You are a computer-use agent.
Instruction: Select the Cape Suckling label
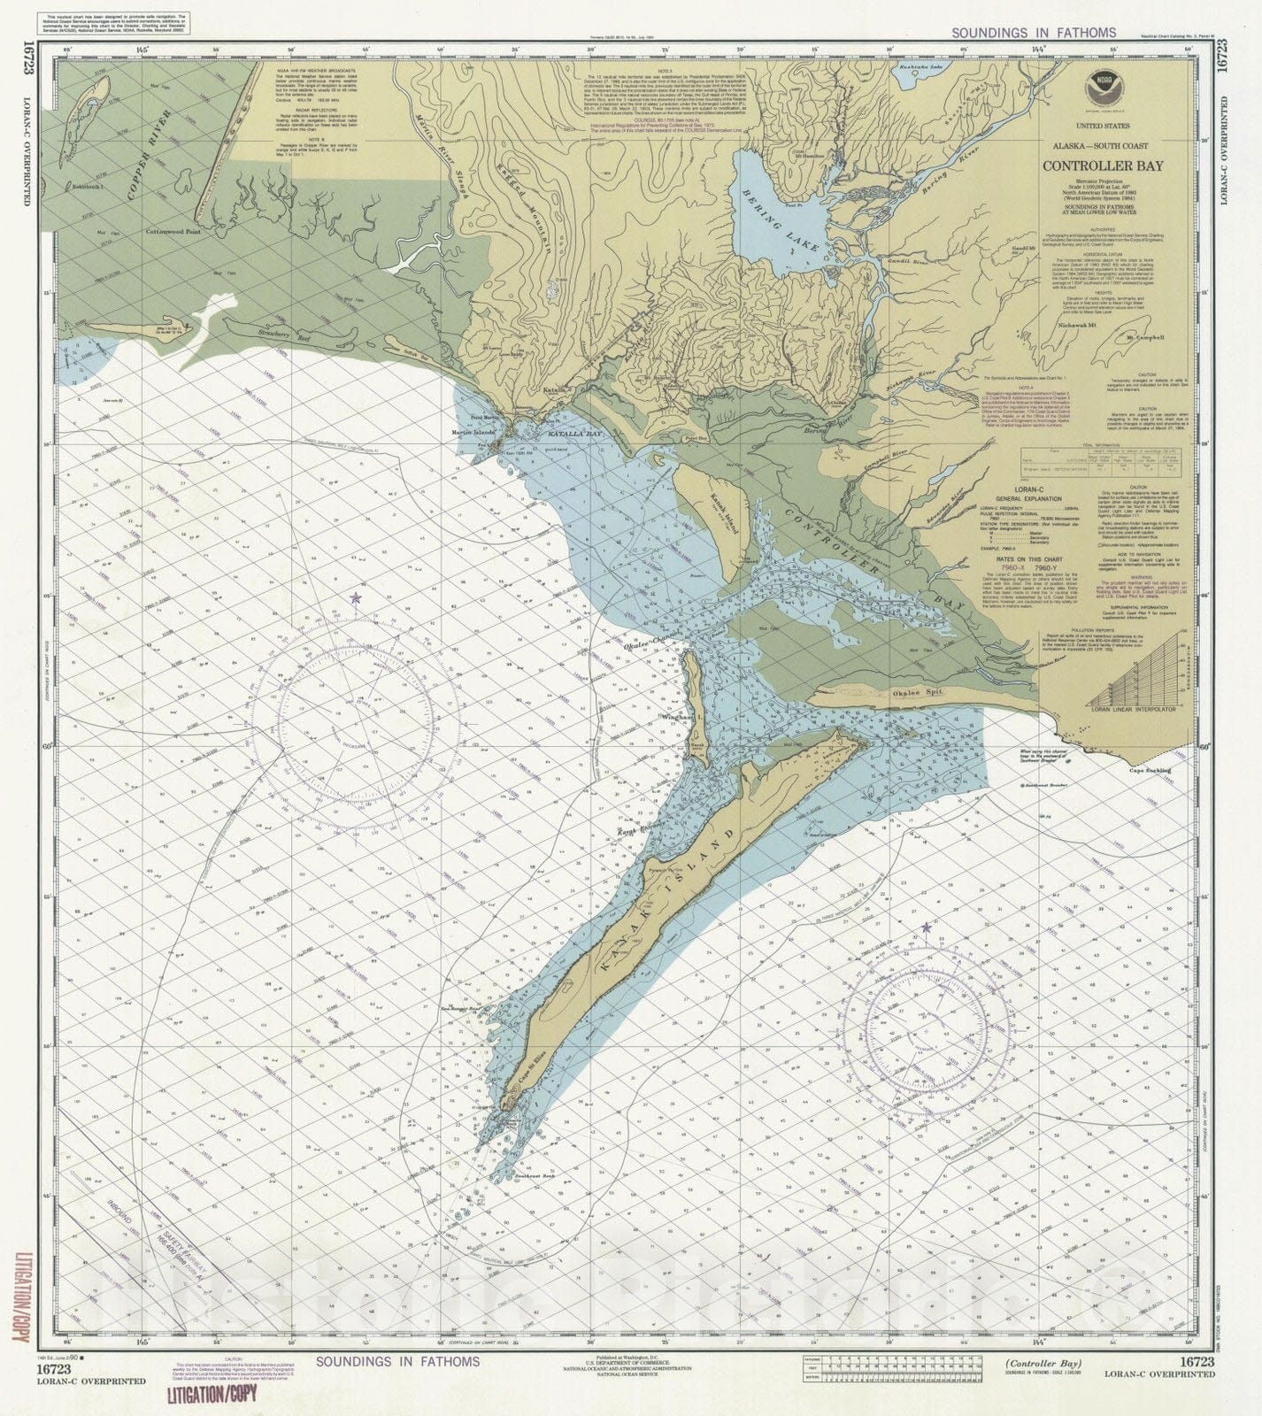pos(1148,770)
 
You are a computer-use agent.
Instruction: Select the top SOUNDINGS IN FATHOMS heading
pos(1034,33)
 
